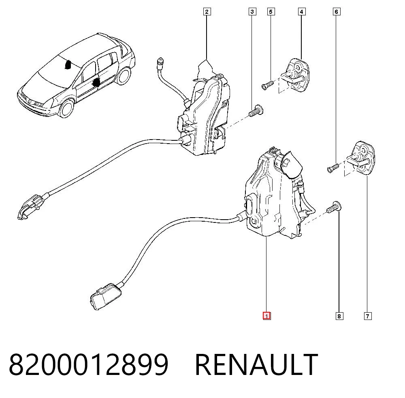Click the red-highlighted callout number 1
266,316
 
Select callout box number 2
207,12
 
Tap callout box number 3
252,12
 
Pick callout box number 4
301,12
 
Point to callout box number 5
271,12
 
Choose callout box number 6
336,12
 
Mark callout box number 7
368,316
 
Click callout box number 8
339,316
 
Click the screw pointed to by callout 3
256,111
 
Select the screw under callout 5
268,85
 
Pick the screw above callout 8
334,207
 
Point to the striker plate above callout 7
360,159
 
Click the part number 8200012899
89,364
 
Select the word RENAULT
256,364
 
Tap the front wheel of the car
67,108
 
